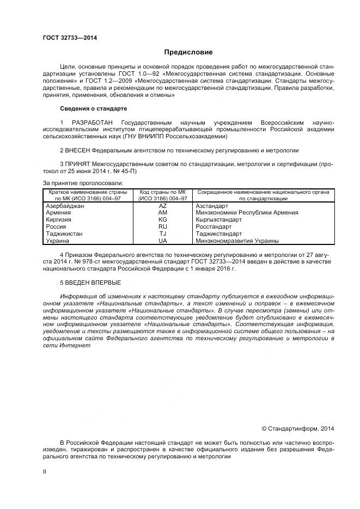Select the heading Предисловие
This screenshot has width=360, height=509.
(188, 53)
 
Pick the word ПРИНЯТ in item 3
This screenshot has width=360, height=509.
(78, 163)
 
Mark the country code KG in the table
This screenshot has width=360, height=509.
(162, 220)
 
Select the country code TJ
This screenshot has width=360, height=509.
(162, 233)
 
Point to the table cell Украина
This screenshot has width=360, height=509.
(58, 240)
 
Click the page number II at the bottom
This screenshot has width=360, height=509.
(45, 471)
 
